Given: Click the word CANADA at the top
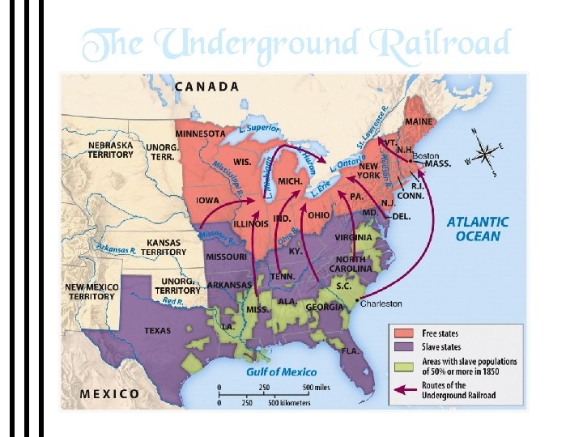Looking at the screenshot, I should pos(207,86).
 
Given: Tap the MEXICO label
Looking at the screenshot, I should pos(109,394).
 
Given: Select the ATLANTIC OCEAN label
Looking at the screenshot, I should pos(478,228).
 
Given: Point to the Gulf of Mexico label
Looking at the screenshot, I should pos(281,372).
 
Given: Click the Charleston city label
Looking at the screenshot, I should pos(380,303).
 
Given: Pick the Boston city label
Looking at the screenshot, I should pos(426,155).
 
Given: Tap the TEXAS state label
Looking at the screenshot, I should pos(157,330).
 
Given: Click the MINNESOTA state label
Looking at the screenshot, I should pos(201,134).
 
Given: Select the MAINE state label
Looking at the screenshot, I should pos(419,122).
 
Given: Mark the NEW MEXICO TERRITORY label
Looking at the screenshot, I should pos(91,292).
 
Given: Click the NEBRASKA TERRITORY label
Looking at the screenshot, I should pos(111,150).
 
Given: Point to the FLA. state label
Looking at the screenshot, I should pos(350,351).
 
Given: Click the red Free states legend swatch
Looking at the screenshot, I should pos(406,333).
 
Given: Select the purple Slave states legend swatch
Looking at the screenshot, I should pos(406,347).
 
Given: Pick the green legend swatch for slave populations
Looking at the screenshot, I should pos(406,366).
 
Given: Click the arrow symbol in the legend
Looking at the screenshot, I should pos(406,390).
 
